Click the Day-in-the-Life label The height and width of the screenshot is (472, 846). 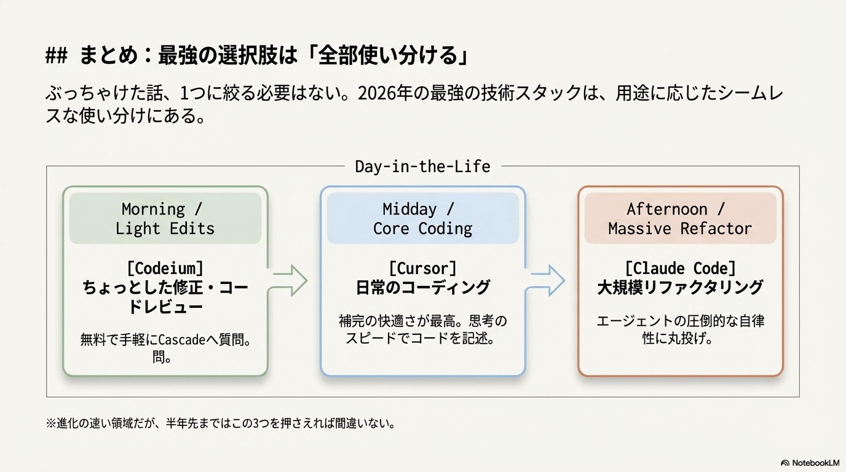click(422, 166)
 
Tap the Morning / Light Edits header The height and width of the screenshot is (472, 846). click(165, 219)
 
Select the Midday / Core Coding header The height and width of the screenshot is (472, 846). click(422, 219)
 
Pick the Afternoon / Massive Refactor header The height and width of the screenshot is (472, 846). click(679, 219)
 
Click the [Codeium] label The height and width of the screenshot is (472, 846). click(165, 268)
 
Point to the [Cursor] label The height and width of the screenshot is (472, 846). click(422, 268)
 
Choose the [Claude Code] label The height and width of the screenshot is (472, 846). click(679, 268)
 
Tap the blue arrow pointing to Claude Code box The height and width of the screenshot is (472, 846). click(547, 281)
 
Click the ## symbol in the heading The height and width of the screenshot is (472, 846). click(57, 57)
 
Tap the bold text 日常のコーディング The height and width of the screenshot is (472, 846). click(422, 287)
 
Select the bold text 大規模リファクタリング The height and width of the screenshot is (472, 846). click(679, 287)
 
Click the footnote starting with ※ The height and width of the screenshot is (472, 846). click(220, 423)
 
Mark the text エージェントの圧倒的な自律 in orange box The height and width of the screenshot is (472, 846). click(680, 321)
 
